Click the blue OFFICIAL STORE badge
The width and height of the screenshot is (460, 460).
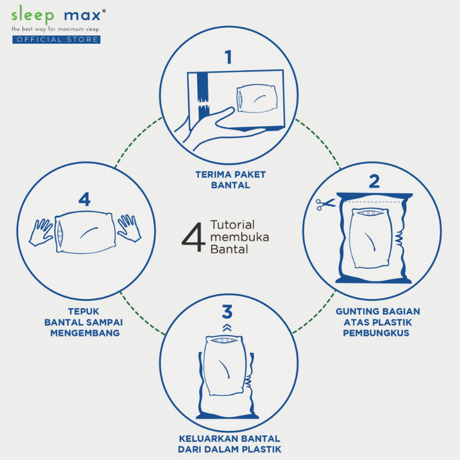coord(56,39)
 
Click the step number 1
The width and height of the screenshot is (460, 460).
coord(229,57)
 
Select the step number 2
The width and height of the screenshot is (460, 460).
coord(374,181)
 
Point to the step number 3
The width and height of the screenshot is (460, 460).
coord(227,312)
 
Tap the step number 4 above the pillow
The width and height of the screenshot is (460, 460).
coord(84,200)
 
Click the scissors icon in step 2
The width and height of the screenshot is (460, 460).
coord(325,204)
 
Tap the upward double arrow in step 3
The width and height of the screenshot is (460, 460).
coord(227,328)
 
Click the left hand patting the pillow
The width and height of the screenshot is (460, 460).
coord(41,232)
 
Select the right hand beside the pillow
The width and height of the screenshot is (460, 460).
coord(129,228)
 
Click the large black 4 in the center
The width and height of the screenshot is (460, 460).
coord(193,237)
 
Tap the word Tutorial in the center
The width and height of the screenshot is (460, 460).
coord(233,225)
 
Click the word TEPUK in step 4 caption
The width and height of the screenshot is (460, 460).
coord(84,311)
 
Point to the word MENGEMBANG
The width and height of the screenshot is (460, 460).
coord(85,333)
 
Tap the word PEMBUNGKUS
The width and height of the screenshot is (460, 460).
coord(376,333)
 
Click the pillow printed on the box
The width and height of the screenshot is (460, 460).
coord(257,99)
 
